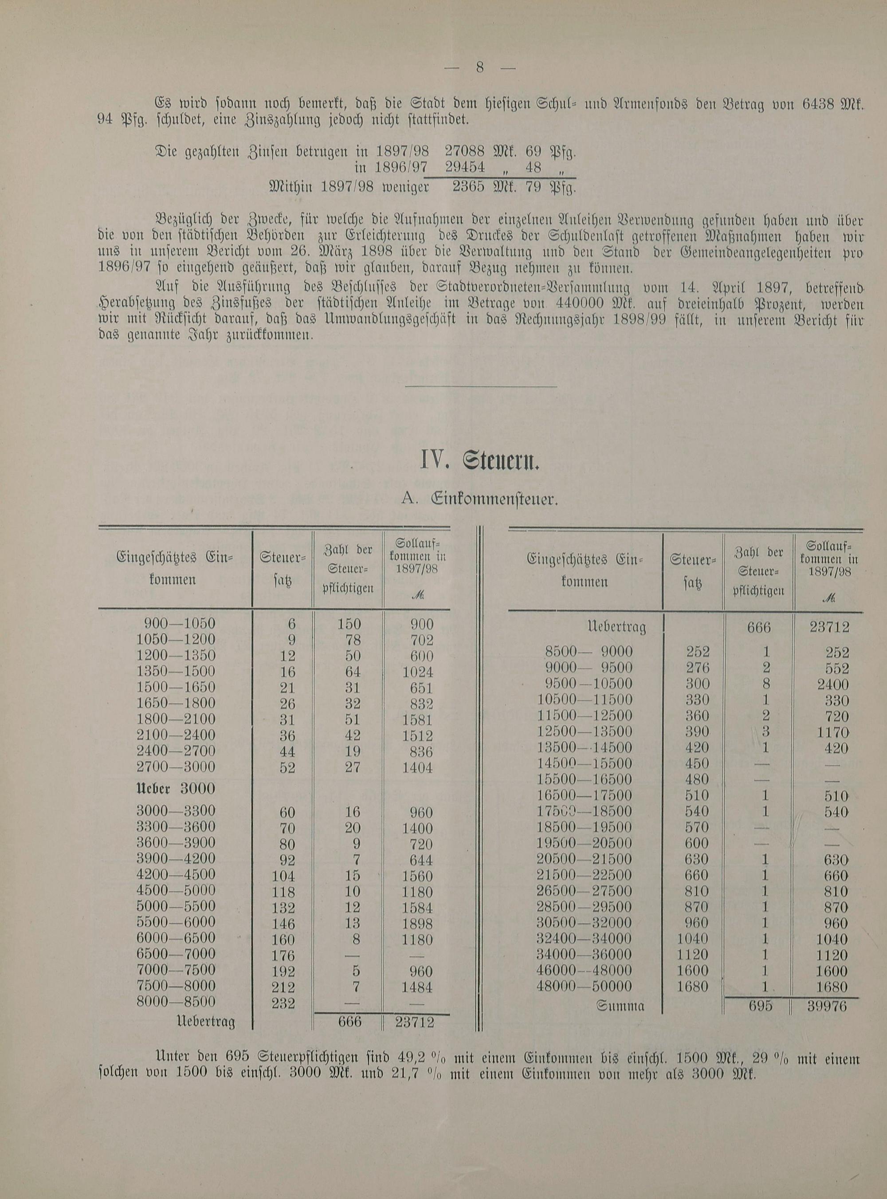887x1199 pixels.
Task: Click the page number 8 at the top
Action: (480, 68)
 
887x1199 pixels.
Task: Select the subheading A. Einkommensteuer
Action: (480, 499)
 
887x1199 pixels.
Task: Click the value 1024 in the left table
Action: (417, 672)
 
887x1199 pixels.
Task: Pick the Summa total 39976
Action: (827, 1006)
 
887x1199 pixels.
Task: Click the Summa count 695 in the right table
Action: (760, 1006)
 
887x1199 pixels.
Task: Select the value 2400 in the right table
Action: (829, 684)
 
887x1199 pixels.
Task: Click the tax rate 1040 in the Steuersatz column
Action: (693, 939)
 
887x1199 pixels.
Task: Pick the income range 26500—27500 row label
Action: (584, 891)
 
